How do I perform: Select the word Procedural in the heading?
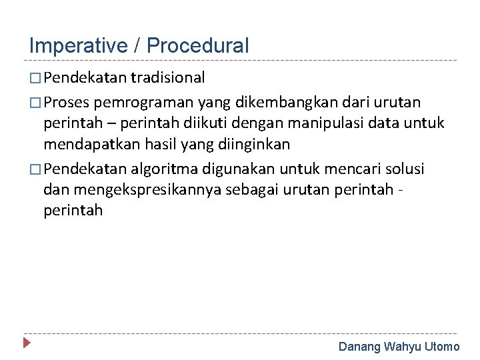tap(197, 46)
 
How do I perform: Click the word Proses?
tap(70, 101)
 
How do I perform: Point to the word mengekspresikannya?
tap(148, 189)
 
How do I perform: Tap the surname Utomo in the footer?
tap(442, 346)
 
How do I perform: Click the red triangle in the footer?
tap(27, 344)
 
